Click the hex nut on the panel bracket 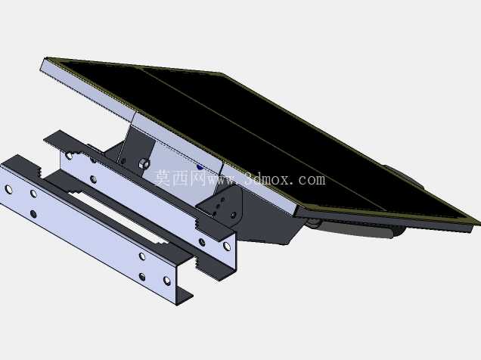[x=144, y=164]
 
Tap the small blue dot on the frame [x=200, y=166]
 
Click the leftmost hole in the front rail [x=9, y=190]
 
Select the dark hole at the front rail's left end [x=33, y=214]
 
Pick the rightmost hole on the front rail [x=167, y=281]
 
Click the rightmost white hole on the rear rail [x=227, y=246]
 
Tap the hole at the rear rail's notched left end [x=70, y=156]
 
